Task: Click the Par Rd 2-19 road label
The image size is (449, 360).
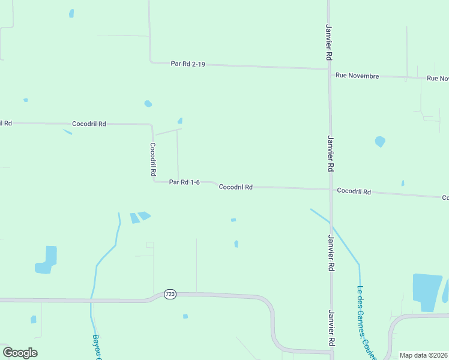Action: [188, 64]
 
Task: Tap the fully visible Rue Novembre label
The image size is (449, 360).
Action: [357, 76]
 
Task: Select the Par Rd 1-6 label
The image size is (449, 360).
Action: [184, 182]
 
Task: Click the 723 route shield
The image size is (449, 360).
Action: [170, 294]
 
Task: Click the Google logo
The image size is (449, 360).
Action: [20, 353]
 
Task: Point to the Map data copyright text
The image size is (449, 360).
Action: [424, 355]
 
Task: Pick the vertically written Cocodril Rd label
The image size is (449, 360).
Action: [153, 159]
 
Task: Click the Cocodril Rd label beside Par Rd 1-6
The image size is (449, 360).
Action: [235, 187]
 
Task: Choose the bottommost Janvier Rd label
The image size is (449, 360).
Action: [330, 328]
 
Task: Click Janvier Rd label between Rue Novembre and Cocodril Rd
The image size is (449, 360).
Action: [330, 153]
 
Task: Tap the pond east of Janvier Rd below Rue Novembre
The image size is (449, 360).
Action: [379, 142]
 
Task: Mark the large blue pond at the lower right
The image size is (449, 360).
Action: [427, 292]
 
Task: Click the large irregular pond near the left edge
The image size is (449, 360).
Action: [46, 260]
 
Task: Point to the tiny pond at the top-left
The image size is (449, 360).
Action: [71, 13]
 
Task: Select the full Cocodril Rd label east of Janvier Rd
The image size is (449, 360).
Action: [354, 191]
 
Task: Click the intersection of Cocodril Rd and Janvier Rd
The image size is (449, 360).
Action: [330, 190]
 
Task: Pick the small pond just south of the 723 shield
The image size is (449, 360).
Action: [185, 316]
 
